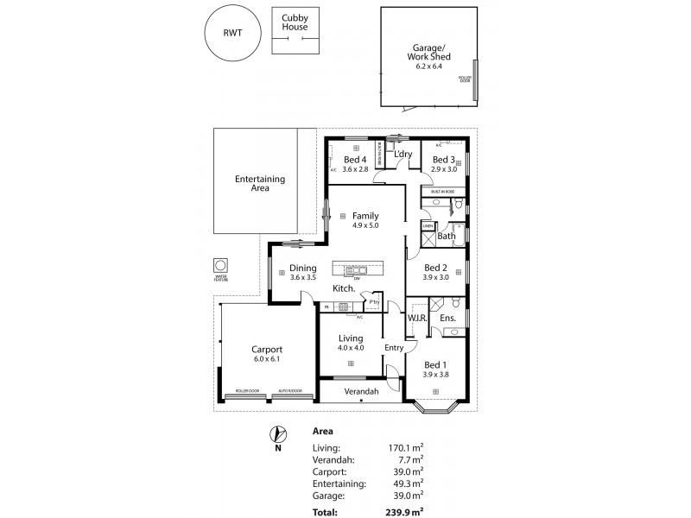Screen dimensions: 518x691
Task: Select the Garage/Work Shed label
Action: [429, 52]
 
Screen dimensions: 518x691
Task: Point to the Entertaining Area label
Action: [260, 183]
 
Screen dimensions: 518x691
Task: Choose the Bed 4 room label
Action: [355, 160]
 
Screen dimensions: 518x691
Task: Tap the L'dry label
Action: [402, 155]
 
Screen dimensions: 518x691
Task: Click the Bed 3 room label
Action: [443, 160]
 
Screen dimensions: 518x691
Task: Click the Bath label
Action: [447, 236]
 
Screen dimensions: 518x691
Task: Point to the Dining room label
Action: [302, 268]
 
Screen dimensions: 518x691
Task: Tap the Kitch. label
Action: [345, 287]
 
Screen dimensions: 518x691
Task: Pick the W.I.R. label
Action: [417, 319]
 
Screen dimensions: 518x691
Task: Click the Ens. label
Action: [447, 319]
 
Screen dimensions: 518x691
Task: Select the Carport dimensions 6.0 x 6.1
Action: [266, 358]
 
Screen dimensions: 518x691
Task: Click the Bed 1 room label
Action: [434, 364]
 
